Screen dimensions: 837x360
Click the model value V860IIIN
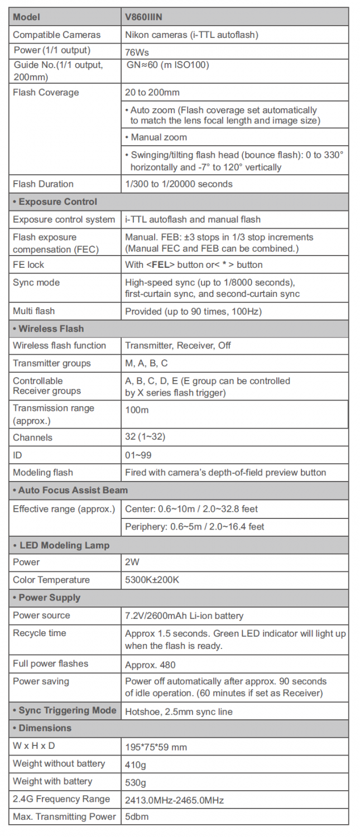[x=143, y=17]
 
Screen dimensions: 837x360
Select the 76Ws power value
[x=137, y=52]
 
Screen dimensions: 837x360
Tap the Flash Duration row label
[x=43, y=184]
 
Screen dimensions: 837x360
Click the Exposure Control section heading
[x=57, y=201]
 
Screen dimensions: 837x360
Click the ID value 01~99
[x=138, y=455]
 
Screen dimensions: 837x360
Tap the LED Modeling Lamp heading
[x=64, y=545]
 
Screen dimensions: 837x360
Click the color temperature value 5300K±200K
[x=152, y=580]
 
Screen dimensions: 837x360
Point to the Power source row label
[x=41, y=615]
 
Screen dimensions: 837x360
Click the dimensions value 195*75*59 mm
[x=156, y=746]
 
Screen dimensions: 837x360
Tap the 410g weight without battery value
[x=136, y=764]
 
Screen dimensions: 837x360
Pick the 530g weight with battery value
[x=136, y=782]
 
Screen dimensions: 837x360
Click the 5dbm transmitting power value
[x=137, y=817]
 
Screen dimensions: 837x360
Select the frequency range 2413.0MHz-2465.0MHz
[x=174, y=800]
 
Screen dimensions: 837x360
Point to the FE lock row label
[x=28, y=264]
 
